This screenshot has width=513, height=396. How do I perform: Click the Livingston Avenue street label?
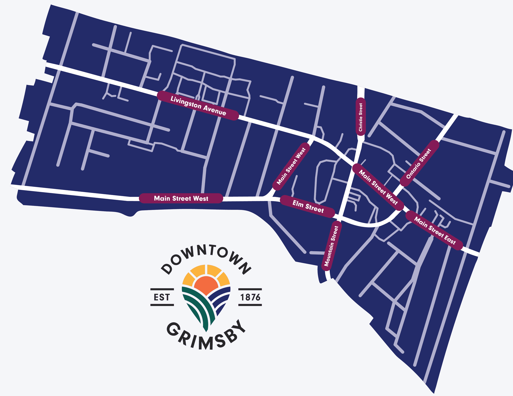pos(198,106)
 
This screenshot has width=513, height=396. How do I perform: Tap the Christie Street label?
pos(361,117)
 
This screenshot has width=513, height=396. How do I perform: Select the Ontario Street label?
pos(419,163)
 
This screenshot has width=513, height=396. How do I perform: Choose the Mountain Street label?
pos(331,246)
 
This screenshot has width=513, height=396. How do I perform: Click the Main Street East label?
pos(434,230)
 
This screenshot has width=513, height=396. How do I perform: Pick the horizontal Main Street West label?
pos(181,198)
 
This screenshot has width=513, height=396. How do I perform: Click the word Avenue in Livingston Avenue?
pos(215,110)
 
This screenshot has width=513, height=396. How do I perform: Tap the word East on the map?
pos(450,239)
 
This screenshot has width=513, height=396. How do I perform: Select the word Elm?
pos(298,204)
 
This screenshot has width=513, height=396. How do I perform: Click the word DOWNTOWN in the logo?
pos(206,256)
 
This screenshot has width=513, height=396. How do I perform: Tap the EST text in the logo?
pos(162,297)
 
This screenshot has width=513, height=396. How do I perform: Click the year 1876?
pos(250,297)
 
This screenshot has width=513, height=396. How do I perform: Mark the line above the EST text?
pos(162,289)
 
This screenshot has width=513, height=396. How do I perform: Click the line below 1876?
pos(250,305)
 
